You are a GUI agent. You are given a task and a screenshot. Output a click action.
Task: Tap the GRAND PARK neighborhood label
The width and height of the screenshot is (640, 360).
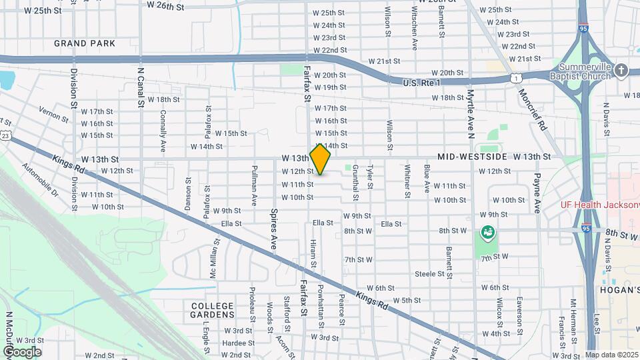[85, 43]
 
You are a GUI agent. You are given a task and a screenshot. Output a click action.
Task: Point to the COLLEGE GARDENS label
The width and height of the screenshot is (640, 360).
[213, 310]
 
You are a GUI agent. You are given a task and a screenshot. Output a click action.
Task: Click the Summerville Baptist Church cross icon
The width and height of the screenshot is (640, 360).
[621, 69]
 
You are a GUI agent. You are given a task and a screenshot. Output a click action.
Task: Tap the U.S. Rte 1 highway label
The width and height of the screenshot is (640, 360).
[422, 83]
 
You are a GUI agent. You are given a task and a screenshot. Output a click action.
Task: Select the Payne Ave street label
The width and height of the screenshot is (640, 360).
[537, 193]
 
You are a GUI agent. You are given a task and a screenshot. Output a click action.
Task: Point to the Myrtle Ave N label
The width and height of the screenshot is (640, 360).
[470, 113]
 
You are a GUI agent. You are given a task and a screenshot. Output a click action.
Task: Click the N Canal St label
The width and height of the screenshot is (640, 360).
[141, 87]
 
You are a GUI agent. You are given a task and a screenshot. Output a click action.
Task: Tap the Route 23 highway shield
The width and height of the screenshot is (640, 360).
[5, 135]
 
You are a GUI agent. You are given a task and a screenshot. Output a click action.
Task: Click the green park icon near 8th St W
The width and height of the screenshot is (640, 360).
[488, 232]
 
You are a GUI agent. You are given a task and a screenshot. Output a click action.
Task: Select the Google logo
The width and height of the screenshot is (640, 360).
[21, 352]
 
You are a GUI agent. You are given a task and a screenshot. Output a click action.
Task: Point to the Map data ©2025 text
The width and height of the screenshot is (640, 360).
[611, 355]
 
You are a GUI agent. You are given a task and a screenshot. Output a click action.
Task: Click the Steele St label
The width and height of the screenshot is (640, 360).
[429, 274]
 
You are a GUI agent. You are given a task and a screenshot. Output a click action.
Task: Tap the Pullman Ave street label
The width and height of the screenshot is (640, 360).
[254, 185]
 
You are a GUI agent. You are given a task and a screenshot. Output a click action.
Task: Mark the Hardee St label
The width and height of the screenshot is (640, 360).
[234, 343]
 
